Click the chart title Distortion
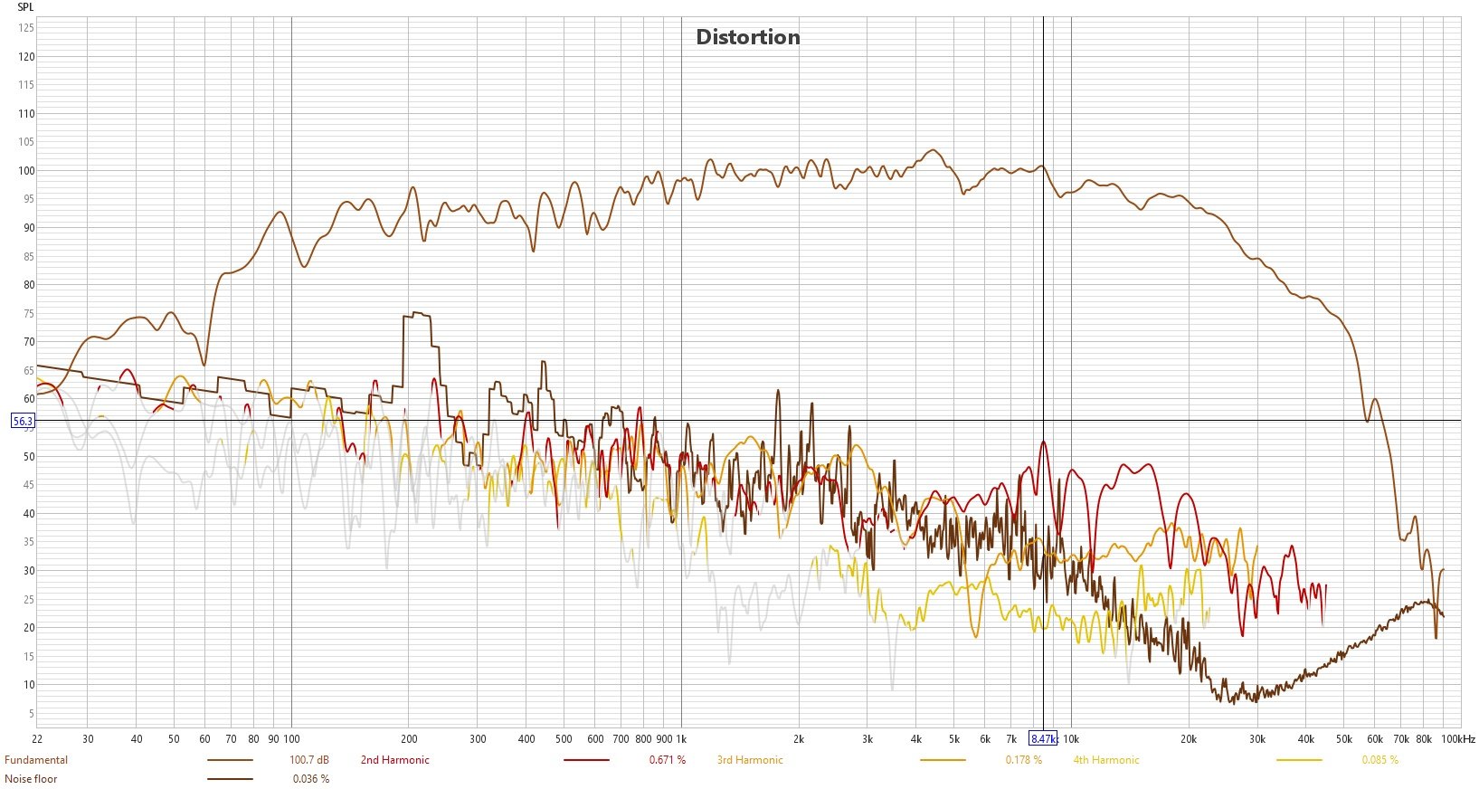click(x=747, y=37)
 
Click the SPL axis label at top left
click(x=25, y=7)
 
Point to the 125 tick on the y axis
click(x=27, y=28)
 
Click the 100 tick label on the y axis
click(x=27, y=170)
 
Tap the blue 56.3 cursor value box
click(x=23, y=421)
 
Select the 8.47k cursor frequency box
click(x=1043, y=738)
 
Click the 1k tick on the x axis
click(x=681, y=738)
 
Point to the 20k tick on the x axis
click(x=1189, y=738)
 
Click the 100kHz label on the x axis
click(x=1457, y=738)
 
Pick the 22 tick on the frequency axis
click(x=37, y=738)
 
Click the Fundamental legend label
click(x=36, y=760)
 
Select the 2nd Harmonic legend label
click(x=395, y=760)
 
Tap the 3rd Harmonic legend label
click(x=750, y=760)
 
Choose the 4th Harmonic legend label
click(x=1106, y=760)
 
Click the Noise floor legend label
click(x=31, y=779)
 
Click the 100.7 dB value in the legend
click(x=309, y=760)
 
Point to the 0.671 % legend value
click(x=668, y=760)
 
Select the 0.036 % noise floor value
click(x=311, y=779)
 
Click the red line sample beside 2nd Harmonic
click(x=586, y=760)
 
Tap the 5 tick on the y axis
click(x=31, y=713)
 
